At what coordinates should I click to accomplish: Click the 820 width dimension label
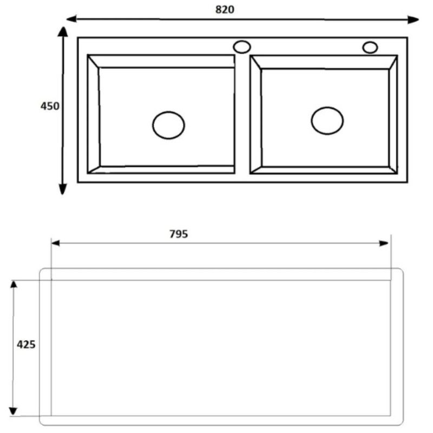[x=225, y=9]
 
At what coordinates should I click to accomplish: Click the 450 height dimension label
[x=50, y=106]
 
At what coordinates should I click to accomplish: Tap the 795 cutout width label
[x=179, y=234]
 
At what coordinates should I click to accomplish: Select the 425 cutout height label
[x=26, y=344]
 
